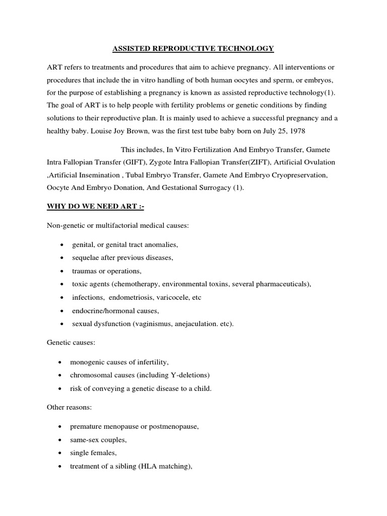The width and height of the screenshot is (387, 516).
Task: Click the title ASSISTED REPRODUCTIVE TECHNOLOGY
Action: click(x=192, y=48)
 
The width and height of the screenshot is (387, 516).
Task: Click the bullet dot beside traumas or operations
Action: click(x=61, y=271)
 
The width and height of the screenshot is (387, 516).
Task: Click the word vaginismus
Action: click(x=152, y=324)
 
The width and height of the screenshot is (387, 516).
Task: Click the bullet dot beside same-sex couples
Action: click(x=61, y=440)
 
